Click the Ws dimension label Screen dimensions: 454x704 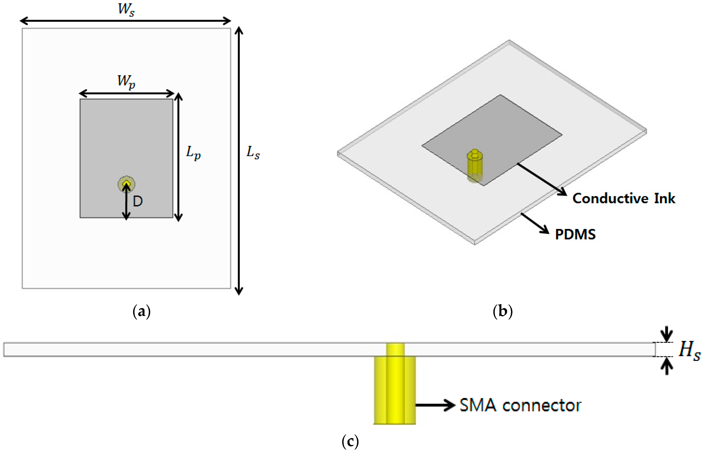(126, 9)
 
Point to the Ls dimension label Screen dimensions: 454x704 (253, 153)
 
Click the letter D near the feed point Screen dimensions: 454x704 (138, 201)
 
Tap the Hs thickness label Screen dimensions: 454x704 (689, 351)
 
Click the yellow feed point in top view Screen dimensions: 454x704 (126, 184)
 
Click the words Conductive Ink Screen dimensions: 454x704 (624, 198)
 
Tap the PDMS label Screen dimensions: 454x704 (575, 235)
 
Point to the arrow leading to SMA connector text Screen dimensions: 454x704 (435, 405)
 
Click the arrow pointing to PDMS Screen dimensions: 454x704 (535, 223)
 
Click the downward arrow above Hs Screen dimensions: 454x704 (667, 335)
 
